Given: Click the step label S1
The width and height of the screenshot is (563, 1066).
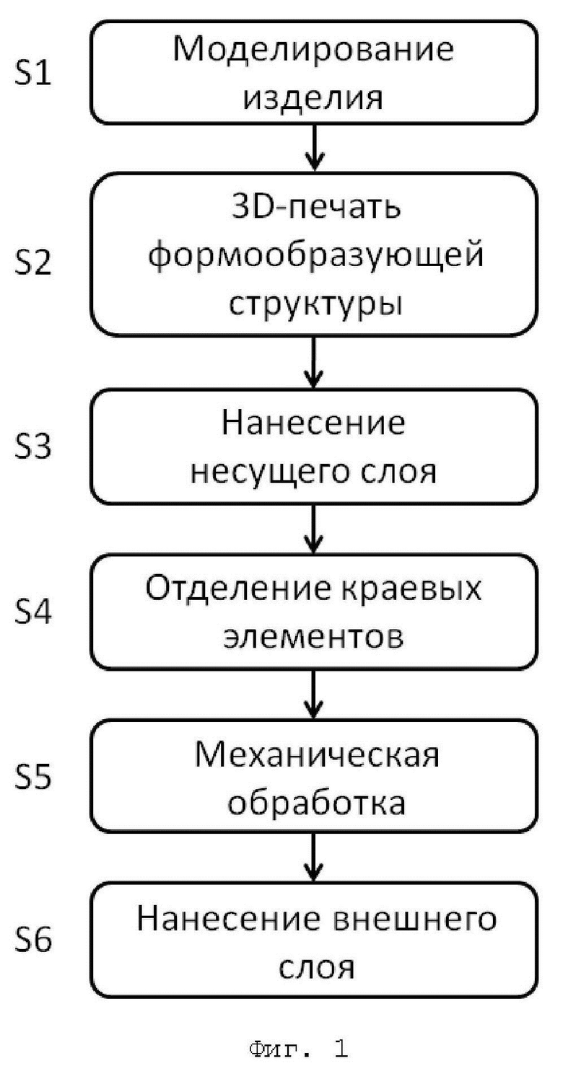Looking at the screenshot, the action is [x=32, y=73].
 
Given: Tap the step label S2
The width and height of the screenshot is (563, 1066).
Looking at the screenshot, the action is [x=32, y=263].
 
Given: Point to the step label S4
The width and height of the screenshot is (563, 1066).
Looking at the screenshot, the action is [x=32, y=611].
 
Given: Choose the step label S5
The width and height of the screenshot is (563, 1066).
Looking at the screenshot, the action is [x=32, y=777].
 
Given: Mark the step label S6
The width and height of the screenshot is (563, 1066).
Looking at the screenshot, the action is [x=32, y=941].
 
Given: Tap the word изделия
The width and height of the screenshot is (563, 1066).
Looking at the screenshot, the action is [x=313, y=99].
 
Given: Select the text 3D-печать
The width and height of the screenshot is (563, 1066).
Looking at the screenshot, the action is [x=316, y=207].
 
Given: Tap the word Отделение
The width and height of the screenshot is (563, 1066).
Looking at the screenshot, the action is [x=237, y=589].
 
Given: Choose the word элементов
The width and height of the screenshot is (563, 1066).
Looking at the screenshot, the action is [x=313, y=637].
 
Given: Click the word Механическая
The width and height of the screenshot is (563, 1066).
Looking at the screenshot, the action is [x=317, y=754].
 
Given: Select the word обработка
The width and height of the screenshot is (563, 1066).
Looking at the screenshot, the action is [x=316, y=802].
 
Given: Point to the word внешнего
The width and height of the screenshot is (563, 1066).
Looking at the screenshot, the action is [x=414, y=920].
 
